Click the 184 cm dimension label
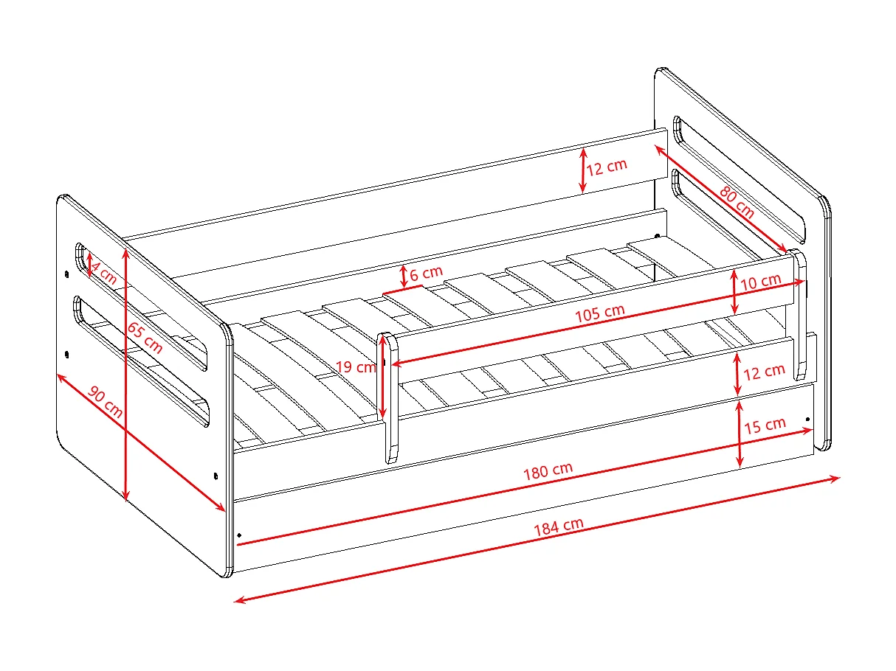(559, 527)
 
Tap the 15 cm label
(765, 426)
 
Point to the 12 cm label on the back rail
(607, 167)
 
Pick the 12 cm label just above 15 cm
(764, 372)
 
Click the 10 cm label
(760, 282)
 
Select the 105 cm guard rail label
(600, 313)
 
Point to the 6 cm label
(426, 274)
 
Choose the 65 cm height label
(145, 333)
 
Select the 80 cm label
(736, 202)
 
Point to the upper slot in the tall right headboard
(738, 173)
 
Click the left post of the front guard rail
(390, 398)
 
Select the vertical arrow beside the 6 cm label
(404, 277)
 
